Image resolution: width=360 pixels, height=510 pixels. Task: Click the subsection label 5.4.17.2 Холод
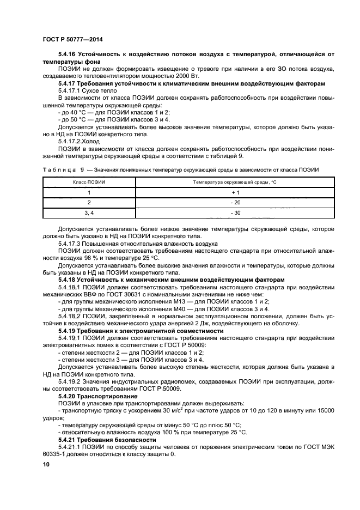tap(76, 140)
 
